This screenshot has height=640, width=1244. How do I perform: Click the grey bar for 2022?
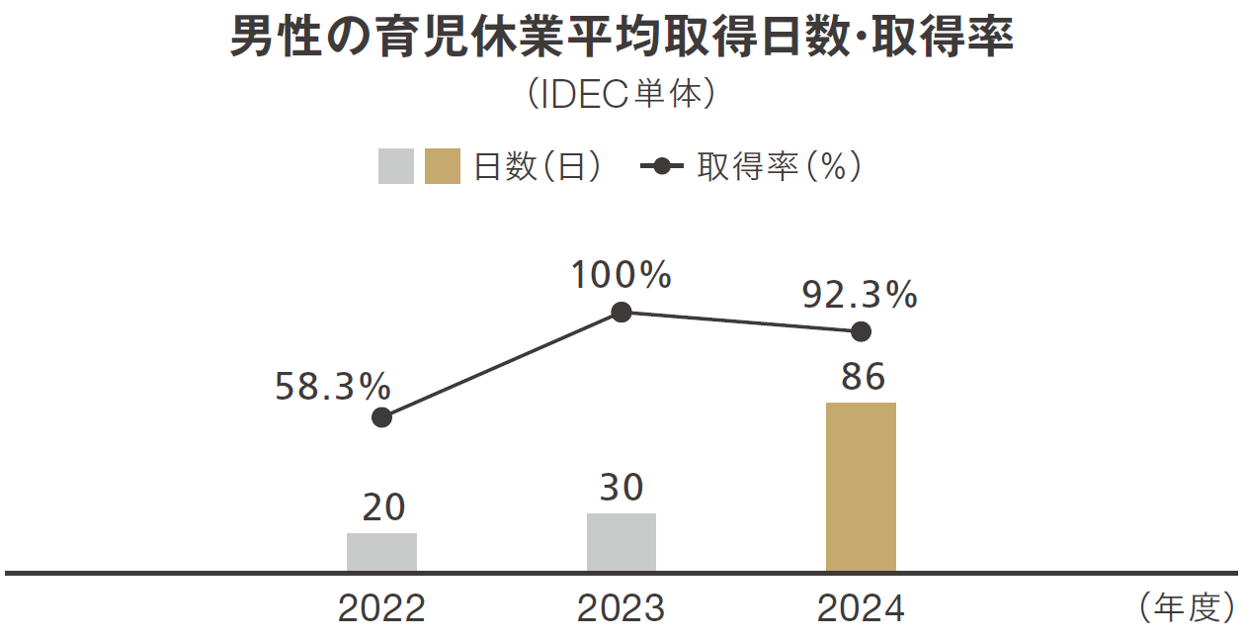click(x=381, y=552)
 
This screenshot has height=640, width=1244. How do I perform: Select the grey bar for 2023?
click(x=622, y=542)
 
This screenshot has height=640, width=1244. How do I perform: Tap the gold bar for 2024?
click(x=861, y=487)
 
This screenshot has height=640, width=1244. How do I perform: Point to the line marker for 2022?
click(x=382, y=417)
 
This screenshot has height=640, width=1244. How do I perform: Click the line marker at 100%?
click(x=622, y=313)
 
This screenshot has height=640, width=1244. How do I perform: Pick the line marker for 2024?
click(x=861, y=331)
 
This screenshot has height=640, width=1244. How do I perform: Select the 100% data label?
click(x=622, y=276)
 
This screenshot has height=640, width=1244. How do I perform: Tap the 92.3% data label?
click(x=860, y=295)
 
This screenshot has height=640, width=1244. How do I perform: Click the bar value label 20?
click(x=382, y=507)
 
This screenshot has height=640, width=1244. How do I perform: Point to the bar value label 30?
click(x=622, y=488)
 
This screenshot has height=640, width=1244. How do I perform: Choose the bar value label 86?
click(x=862, y=377)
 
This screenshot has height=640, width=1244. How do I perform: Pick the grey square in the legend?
click(x=396, y=166)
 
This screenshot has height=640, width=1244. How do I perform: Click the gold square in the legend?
click(x=443, y=166)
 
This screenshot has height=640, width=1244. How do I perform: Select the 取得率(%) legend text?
click(x=780, y=166)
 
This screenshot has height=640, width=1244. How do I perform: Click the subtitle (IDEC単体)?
click(x=622, y=94)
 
